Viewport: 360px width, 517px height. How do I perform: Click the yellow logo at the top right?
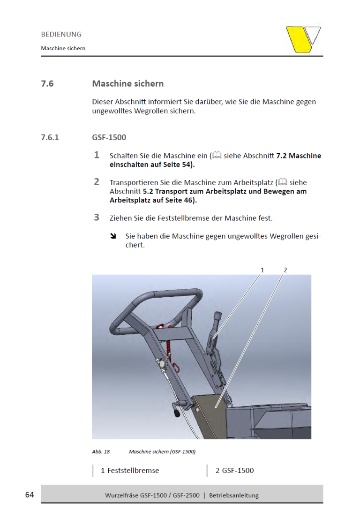click(303, 39)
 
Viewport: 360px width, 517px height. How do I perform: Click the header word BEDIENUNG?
click(61, 34)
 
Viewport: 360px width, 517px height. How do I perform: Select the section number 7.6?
click(47, 84)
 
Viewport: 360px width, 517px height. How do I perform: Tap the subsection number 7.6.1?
click(50, 138)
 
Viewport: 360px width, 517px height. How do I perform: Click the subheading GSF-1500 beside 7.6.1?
click(109, 138)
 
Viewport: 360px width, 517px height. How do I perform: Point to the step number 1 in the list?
click(97, 155)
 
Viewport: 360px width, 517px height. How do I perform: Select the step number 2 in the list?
click(97, 181)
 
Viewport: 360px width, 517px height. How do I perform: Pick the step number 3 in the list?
click(97, 217)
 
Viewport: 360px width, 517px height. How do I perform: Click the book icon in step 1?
click(217, 155)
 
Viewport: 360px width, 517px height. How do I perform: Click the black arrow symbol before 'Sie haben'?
click(113, 236)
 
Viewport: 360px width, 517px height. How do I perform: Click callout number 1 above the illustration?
click(262, 270)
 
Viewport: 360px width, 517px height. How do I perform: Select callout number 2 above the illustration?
click(285, 270)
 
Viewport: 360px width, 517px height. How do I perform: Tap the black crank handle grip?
click(177, 414)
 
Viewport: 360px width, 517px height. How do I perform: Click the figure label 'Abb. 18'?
click(101, 452)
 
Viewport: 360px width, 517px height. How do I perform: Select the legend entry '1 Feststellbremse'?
click(130, 470)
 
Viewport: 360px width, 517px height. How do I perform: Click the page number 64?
click(30, 495)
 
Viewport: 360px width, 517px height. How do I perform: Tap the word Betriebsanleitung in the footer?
click(234, 495)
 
